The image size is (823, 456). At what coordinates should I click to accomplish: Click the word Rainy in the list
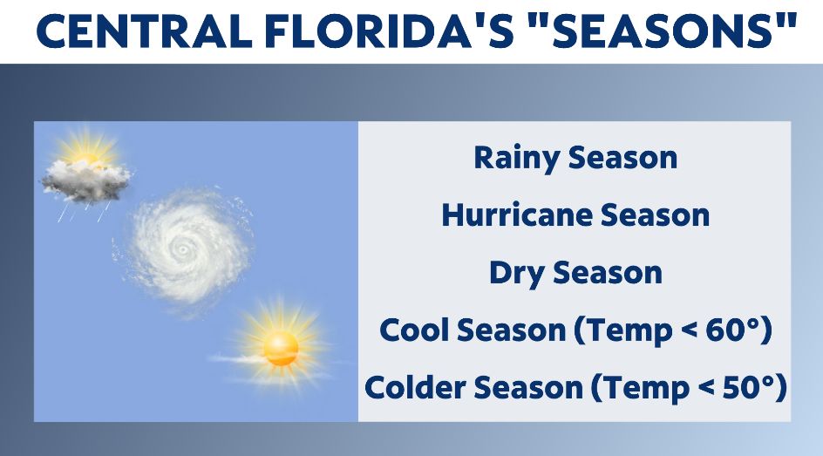point(516,159)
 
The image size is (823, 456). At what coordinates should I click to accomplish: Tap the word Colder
point(413,387)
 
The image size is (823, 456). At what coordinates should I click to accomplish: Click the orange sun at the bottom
point(281,348)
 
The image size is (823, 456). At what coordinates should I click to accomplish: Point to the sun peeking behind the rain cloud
point(87,153)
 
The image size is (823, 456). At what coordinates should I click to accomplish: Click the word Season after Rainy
point(622,159)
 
